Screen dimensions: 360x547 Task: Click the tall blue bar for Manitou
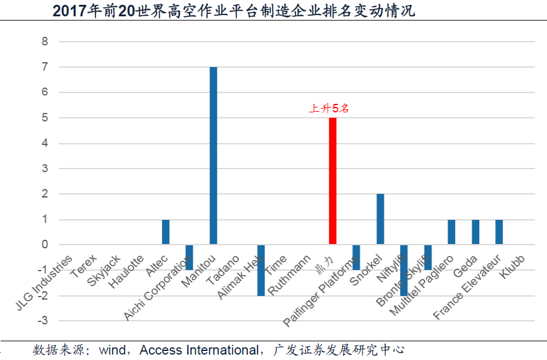tap(213, 156)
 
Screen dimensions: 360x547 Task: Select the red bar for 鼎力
tap(332, 181)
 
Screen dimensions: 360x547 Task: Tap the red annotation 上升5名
tap(329, 109)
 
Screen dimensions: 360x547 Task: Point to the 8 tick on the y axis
tap(45, 42)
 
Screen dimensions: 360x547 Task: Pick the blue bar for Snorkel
tap(380, 219)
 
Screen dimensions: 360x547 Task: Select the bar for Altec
tap(166, 232)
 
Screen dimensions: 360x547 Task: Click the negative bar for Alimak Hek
tap(261, 270)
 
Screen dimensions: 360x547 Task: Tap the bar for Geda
tap(476, 232)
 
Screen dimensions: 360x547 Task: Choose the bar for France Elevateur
tap(499, 232)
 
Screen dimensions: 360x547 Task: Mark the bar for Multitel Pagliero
tap(452, 232)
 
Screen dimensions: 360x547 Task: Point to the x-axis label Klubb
tap(512, 267)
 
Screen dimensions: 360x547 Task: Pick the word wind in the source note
tap(112, 350)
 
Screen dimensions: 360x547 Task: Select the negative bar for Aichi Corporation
tap(189, 257)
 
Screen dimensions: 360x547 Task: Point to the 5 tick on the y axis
tap(45, 118)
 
